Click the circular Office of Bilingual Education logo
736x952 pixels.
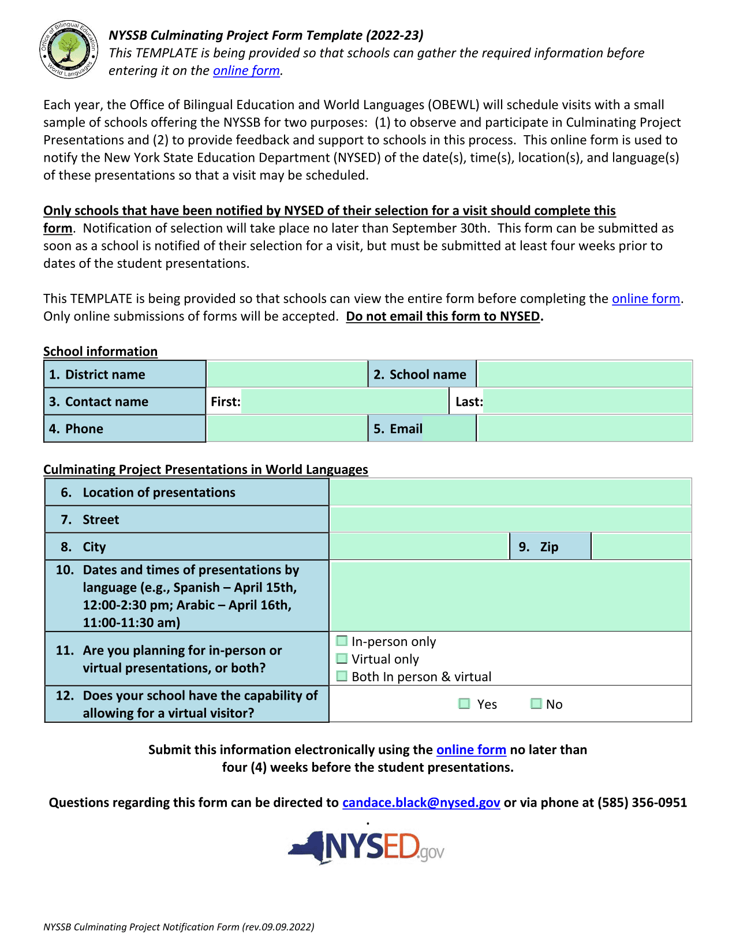coord(69,50)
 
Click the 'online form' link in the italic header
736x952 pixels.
coord(246,71)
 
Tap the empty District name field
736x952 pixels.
coord(287,374)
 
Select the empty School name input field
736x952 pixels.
coord(584,374)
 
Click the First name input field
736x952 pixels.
coord(344,401)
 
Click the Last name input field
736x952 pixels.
coord(587,401)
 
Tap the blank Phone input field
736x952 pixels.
coord(287,428)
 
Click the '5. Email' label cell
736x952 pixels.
coord(398,429)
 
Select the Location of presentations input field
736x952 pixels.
coord(510,492)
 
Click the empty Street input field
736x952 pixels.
coord(510,520)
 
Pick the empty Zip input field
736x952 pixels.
coord(641,547)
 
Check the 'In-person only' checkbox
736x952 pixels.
coord(342,641)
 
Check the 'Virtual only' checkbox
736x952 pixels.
coord(342,659)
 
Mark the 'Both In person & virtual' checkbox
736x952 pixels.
coord(342,676)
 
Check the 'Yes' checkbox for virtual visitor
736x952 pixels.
coord(465,703)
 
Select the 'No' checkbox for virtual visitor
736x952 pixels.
coord(536,703)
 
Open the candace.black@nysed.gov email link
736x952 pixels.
coord(421,802)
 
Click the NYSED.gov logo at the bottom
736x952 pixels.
coord(367,848)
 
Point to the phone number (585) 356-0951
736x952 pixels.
coord(642,802)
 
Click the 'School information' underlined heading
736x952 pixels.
coord(100,352)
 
